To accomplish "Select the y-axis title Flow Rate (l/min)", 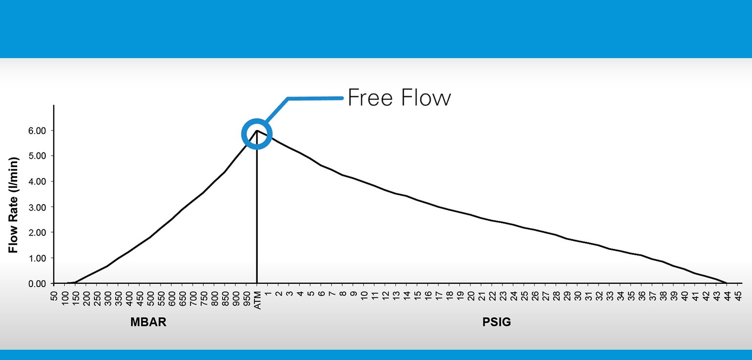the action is [13, 205].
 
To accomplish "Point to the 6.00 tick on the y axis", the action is [37, 130].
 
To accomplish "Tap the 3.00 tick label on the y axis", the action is [37, 207].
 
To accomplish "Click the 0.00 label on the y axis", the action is [37, 284].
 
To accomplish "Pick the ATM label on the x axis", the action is [257, 300].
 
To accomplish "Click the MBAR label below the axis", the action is [148, 322].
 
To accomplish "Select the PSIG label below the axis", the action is [497, 322].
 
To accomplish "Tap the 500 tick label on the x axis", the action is [150, 298].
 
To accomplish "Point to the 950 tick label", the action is [247, 298].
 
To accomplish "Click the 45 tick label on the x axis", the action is [738, 296].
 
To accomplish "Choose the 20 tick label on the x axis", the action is [471, 296].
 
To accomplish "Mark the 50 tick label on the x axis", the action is [54, 296].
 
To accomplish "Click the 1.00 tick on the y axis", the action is [37, 258].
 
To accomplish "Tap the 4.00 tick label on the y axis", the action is [37, 182].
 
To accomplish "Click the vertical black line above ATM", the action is [257, 207].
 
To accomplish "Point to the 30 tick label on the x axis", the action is [578, 296].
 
